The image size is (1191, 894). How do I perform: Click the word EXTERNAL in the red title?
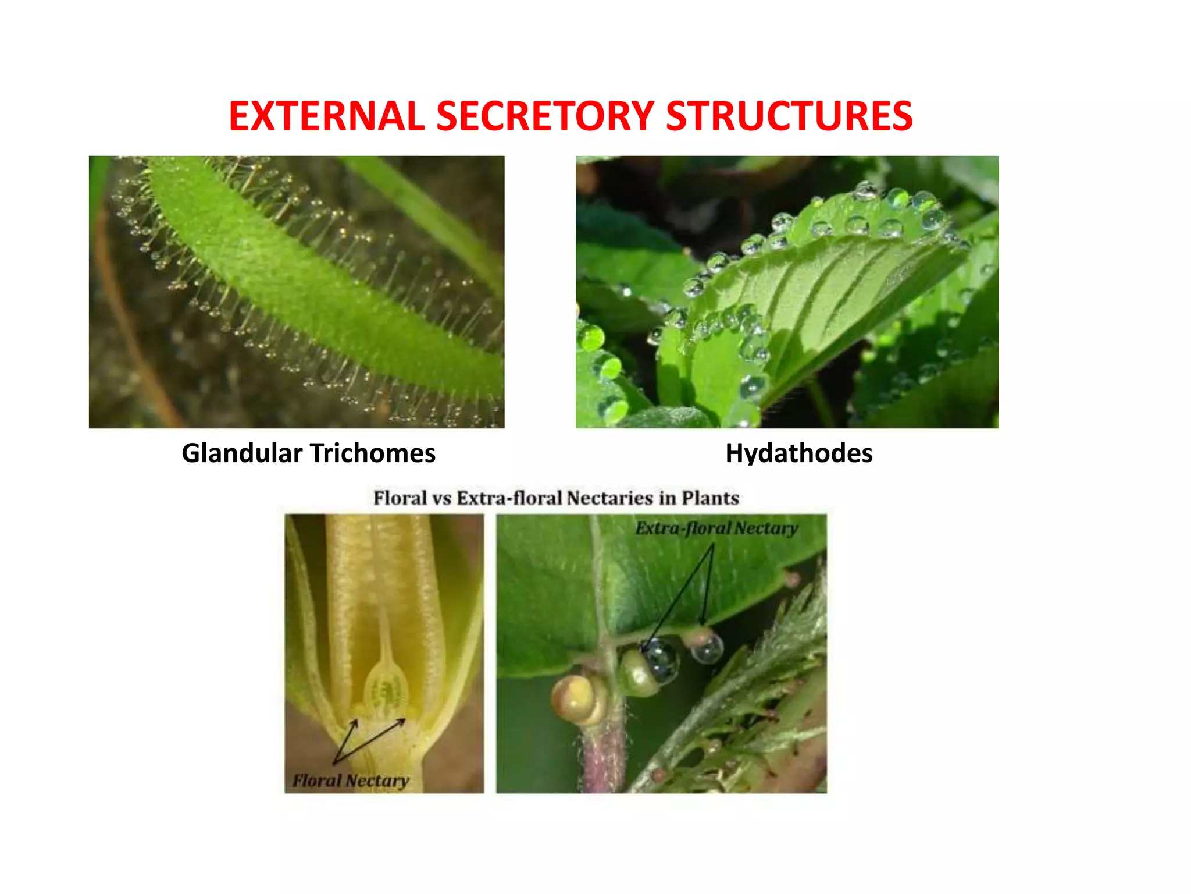[326, 116]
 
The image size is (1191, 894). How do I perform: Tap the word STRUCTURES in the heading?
[789, 116]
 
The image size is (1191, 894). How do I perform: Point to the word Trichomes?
[372, 453]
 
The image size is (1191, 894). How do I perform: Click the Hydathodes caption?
[798, 453]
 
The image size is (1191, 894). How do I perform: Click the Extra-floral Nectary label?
[716, 528]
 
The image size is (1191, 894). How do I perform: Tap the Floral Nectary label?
[351, 781]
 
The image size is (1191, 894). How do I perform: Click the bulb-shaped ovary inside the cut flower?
[386, 690]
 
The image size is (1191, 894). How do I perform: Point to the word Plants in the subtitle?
[710, 498]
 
